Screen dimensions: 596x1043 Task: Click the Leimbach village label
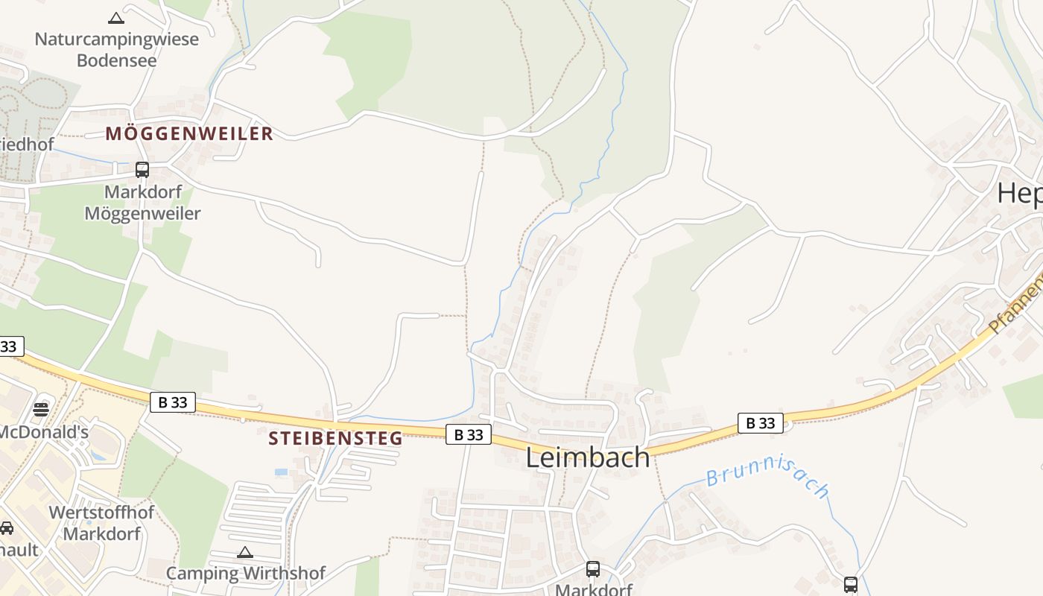pos(588,457)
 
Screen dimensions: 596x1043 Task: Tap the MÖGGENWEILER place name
pos(189,134)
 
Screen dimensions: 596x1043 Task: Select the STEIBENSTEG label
pos(335,438)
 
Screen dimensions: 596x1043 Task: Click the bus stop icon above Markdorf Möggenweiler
pos(142,170)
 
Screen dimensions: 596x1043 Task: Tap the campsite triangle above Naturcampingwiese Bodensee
pos(116,18)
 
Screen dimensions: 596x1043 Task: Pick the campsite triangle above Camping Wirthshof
pos(245,552)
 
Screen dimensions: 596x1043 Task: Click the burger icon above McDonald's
pos(41,409)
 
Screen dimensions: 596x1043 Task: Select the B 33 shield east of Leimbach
pos(761,423)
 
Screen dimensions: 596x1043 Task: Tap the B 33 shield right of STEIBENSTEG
pos(469,434)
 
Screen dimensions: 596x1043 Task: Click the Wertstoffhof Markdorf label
pos(101,523)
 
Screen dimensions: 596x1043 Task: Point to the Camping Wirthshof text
pos(245,574)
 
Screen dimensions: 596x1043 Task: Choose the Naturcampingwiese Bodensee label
pos(117,50)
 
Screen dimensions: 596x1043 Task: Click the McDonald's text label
pos(44,432)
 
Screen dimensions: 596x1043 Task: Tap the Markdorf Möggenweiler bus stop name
pos(142,203)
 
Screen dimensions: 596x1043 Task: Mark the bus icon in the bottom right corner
pos(851,585)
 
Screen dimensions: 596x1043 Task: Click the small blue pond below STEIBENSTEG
pos(281,472)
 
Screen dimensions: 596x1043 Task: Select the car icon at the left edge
pos(6,528)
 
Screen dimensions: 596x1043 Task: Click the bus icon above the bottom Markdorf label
pos(593,569)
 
